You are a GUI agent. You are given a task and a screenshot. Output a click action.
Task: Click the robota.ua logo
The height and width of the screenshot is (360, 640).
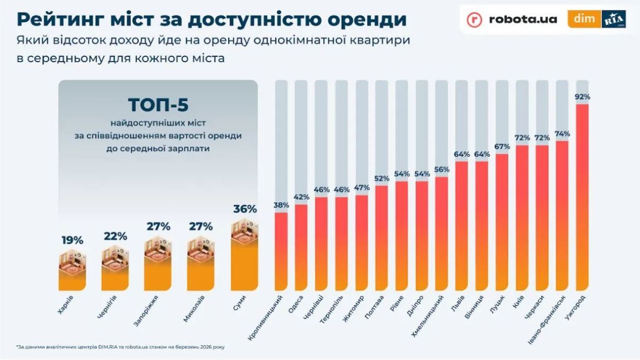[512, 19]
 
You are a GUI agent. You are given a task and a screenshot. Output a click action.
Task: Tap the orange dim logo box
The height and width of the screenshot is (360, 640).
[584, 19]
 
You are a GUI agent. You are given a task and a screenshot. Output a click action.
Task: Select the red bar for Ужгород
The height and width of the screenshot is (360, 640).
[582, 197]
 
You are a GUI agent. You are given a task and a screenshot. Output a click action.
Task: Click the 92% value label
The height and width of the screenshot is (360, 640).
[582, 97]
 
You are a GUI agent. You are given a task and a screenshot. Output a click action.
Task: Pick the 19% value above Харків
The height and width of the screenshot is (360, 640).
[72, 240]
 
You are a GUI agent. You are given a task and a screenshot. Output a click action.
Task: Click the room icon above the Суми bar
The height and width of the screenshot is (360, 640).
[244, 231]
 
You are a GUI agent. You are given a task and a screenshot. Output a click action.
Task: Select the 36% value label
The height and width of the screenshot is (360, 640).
[245, 209]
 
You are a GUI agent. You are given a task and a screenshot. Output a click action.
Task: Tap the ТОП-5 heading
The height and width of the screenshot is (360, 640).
[158, 104]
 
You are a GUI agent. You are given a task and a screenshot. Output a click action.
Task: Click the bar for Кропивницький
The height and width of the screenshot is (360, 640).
[281, 251]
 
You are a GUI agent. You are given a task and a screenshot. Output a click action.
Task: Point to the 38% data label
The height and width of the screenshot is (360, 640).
[281, 205]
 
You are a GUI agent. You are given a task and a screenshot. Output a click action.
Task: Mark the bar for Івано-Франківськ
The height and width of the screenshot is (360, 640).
[562, 216]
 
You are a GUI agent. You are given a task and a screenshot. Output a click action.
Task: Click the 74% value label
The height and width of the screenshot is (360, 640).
[562, 134]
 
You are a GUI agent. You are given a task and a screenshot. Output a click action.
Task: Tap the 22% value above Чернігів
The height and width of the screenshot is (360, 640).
[115, 236]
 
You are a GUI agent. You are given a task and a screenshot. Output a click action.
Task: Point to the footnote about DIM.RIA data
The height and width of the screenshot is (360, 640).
[120, 347]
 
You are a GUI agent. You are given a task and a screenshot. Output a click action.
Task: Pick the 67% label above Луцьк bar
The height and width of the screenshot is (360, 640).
[502, 146]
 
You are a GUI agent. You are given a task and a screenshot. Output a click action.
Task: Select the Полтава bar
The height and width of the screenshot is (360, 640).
[382, 238]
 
